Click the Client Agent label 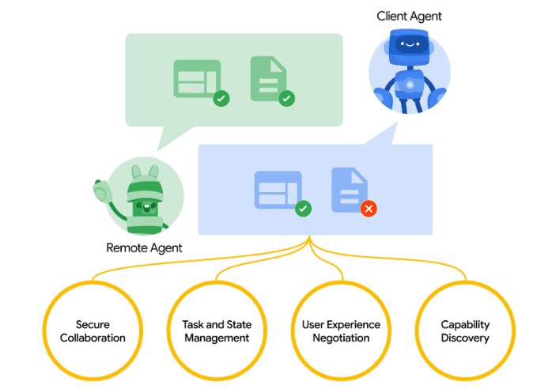(410, 16)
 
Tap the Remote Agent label (144, 247)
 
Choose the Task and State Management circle (210, 331)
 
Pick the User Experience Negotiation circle (341, 331)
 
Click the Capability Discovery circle (465, 331)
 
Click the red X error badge (368, 209)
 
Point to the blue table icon (278, 191)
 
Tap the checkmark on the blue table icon (303, 209)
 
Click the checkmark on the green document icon (286, 99)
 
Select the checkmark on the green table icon (222, 99)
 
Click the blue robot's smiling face (409, 45)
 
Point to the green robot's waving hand (100, 191)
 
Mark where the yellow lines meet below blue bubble (309, 242)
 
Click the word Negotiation (341, 338)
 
